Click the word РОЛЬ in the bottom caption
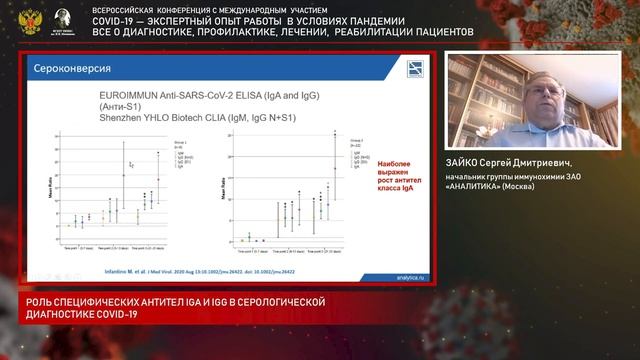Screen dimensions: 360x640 (24, 302)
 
